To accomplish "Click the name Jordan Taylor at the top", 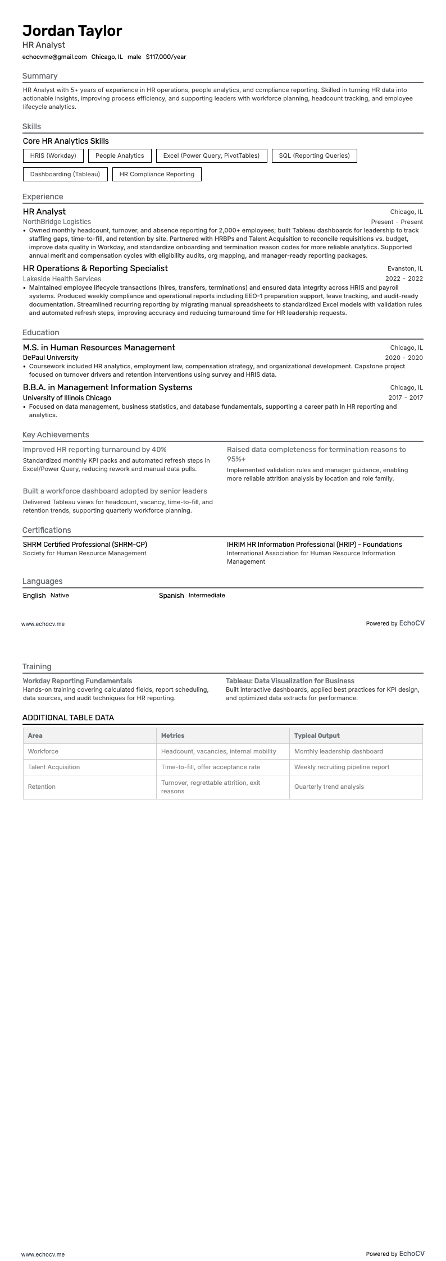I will (x=72, y=30).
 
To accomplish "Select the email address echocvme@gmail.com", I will (x=54, y=57).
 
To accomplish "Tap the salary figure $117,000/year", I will (x=166, y=57).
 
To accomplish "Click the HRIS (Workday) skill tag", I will (x=53, y=156).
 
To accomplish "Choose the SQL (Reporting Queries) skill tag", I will (x=314, y=156).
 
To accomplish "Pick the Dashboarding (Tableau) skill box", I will (x=65, y=174).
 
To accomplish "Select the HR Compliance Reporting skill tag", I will (x=157, y=174).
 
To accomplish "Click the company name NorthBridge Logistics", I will (x=57, y=222).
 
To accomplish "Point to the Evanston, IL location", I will (x=405, y=268).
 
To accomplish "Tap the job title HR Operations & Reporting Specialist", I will (x=95, y=268).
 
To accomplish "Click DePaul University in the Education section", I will (x=51, y=358).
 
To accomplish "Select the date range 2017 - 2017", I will (x=405, y=398).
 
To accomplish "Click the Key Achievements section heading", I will (x=56, y=435).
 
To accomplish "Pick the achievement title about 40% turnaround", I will (x=94, y=450).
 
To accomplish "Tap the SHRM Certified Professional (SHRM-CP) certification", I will (x=85, y=544).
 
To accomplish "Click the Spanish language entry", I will (x=171, y=595).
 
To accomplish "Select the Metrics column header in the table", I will (x=172, y=735).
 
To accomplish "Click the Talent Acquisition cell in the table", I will (x=54, y=767).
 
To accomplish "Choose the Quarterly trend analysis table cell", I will (x=329, y=787).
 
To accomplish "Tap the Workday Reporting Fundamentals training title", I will (x=78, y=681).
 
